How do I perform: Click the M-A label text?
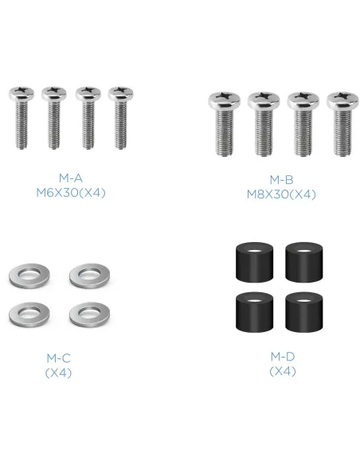[71, 178]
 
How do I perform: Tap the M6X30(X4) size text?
[71, 193]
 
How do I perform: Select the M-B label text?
[281, 180]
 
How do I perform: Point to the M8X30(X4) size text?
[281, 194]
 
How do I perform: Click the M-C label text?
[58, 358]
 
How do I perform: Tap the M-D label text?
[283, 357]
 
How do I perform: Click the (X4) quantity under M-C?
[58, 373]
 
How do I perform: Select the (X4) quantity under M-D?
[283, 371]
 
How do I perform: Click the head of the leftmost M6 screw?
[22, 93]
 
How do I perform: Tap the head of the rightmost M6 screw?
[121, 93]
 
